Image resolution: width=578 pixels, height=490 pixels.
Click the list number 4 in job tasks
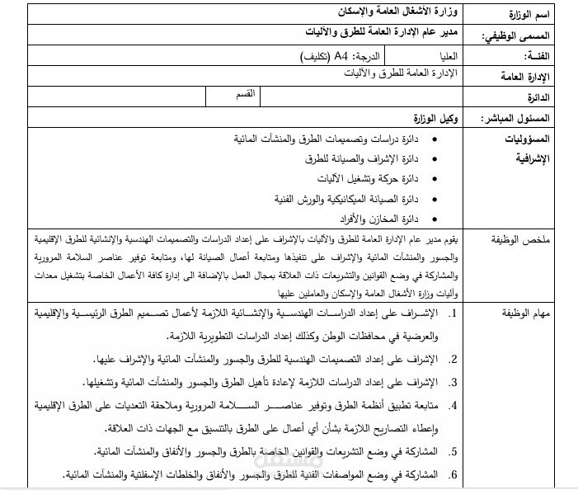(453, 406)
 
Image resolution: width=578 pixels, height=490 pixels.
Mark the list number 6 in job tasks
(453, 474)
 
